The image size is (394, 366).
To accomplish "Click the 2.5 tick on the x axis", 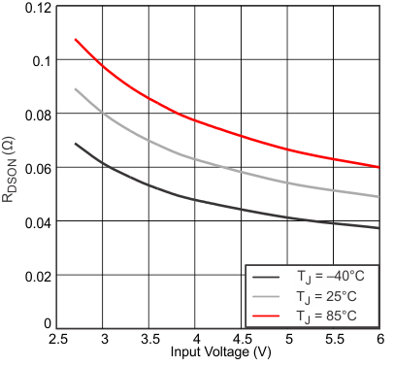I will [x=57, y=340].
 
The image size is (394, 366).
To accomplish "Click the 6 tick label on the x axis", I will [x=379, y=340].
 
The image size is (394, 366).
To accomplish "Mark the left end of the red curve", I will [x=76, y=40].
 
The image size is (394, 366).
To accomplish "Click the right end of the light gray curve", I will [x=379, y=197].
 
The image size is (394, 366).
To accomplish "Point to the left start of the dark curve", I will [x=76, y=144].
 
